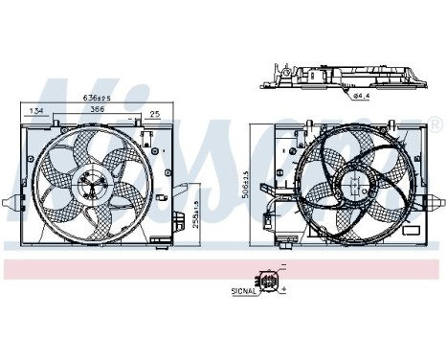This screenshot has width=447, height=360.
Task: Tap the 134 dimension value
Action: click(36, 112)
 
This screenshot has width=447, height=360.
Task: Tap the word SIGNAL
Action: click(243, 288)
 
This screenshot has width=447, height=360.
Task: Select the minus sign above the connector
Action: click(283, 269)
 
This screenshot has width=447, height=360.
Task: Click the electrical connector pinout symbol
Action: click(271, 281)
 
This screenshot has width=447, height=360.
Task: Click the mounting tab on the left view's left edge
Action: click(11, 202)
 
